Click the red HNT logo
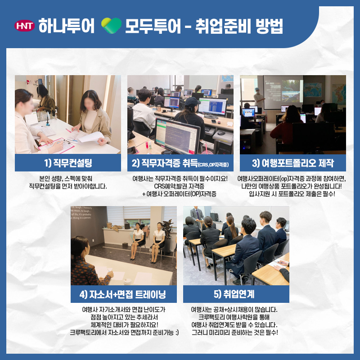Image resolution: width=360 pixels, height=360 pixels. pos(25,26)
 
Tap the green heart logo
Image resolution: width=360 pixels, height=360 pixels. pos(111,26)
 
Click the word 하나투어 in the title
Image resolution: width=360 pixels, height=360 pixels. pos(66,26)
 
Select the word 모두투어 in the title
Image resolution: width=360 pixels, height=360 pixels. pos(153,26)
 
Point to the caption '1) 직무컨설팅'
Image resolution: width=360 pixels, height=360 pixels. pos(68,163)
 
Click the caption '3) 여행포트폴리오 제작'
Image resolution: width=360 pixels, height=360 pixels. pos(293,163)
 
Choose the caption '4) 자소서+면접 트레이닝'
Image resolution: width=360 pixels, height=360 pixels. pos(122,294)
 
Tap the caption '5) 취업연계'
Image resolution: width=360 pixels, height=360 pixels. pos(234,294)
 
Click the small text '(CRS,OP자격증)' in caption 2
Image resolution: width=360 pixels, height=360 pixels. pos(213,165)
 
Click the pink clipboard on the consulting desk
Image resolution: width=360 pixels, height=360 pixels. pos(56,145)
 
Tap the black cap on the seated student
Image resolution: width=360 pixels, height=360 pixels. pos(192,101)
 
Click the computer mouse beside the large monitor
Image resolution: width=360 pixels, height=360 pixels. pos(221,133)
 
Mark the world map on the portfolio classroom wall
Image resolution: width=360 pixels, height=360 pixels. pos(313,90)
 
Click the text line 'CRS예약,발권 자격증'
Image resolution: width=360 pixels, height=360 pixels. pos(179,186)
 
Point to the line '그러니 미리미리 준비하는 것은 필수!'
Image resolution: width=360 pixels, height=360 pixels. pos(234,333)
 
